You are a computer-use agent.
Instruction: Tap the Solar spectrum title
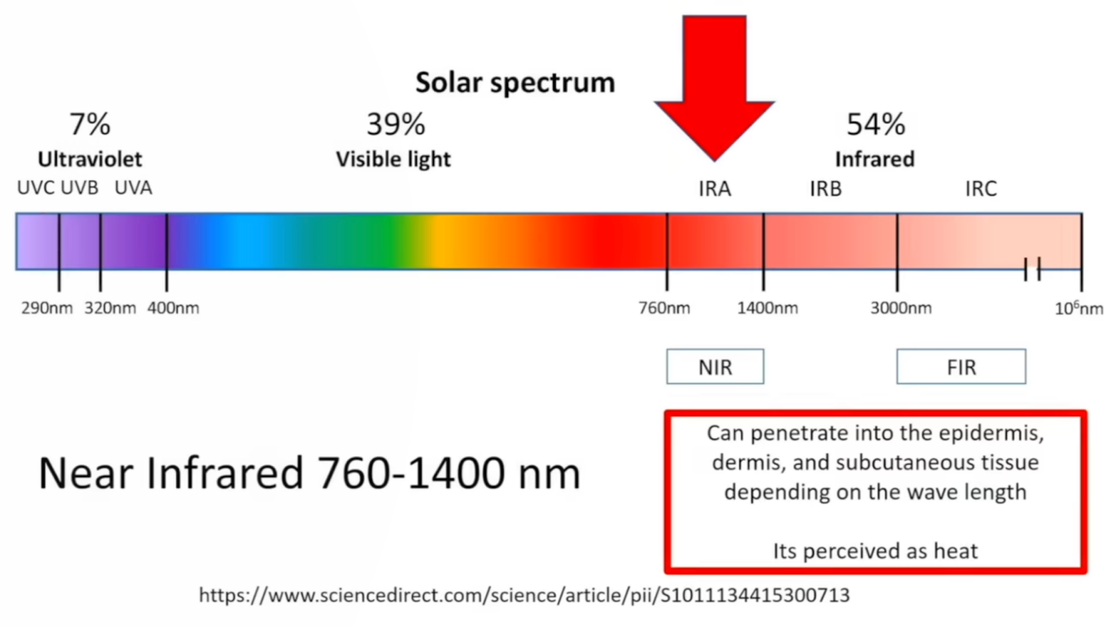tap(515, 83)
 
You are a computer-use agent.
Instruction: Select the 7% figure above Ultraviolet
tap(90, 124)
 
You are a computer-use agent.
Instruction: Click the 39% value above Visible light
tap(395, 124)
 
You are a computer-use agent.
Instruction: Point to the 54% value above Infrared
tap(876, 124)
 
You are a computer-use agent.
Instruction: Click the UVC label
tap(35, 188)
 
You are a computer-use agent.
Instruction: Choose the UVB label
tap(79, 188)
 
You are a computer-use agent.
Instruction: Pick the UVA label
tap(133, 188)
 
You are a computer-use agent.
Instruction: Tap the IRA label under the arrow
tap(715, 189)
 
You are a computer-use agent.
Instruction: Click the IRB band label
tap(826, 189)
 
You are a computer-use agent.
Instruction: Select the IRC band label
tap(980, 189)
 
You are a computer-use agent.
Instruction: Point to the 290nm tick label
tap(47, 308)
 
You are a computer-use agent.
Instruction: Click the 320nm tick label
tap(110, 308)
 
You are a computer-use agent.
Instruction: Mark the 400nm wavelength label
tap(173, 308)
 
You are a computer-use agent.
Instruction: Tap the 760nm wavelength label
tap(664, 308)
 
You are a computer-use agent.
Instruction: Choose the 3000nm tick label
tap(901, 308)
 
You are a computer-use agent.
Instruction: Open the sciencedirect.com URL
tap(524, 595)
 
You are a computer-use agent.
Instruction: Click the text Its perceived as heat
tap(876, 551)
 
